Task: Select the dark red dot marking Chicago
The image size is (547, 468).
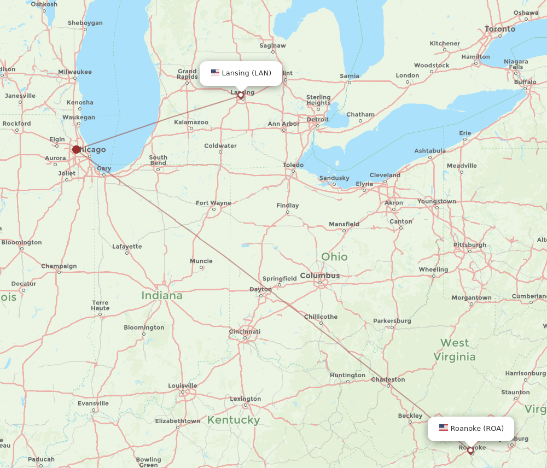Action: (77, 149)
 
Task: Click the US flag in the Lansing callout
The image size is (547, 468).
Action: (215, 73)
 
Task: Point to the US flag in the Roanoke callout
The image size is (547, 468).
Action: (443, 428)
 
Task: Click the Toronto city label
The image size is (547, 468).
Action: (499, 28)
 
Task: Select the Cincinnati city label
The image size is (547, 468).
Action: (245, 331)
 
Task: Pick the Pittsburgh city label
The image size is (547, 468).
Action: (469, 245)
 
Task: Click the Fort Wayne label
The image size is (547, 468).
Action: (213, 203)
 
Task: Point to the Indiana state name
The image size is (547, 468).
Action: (162, 295)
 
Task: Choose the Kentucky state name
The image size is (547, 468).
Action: (233, 420)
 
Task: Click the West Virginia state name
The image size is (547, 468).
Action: (455, 350)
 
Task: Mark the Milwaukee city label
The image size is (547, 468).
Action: (75, 72)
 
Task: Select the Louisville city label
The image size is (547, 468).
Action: (182, 385)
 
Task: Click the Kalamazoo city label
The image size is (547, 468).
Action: (191, 122)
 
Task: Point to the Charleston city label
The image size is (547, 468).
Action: (388, 379)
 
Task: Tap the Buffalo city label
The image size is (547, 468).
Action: (525, 82)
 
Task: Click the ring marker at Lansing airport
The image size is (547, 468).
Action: (240, 95)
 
